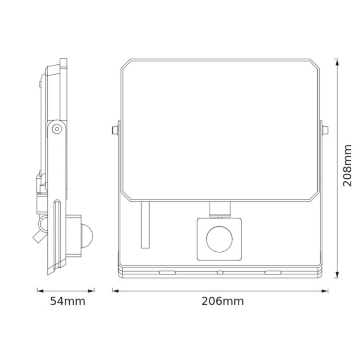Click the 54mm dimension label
click(68, 301)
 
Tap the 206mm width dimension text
click(222, 301)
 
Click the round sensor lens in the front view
click(218, 239)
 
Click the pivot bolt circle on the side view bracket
click(56, 129)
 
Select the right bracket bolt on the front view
click(325, 130)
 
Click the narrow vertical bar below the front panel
click(145, 225)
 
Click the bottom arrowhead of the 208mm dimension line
click(338, 275)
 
